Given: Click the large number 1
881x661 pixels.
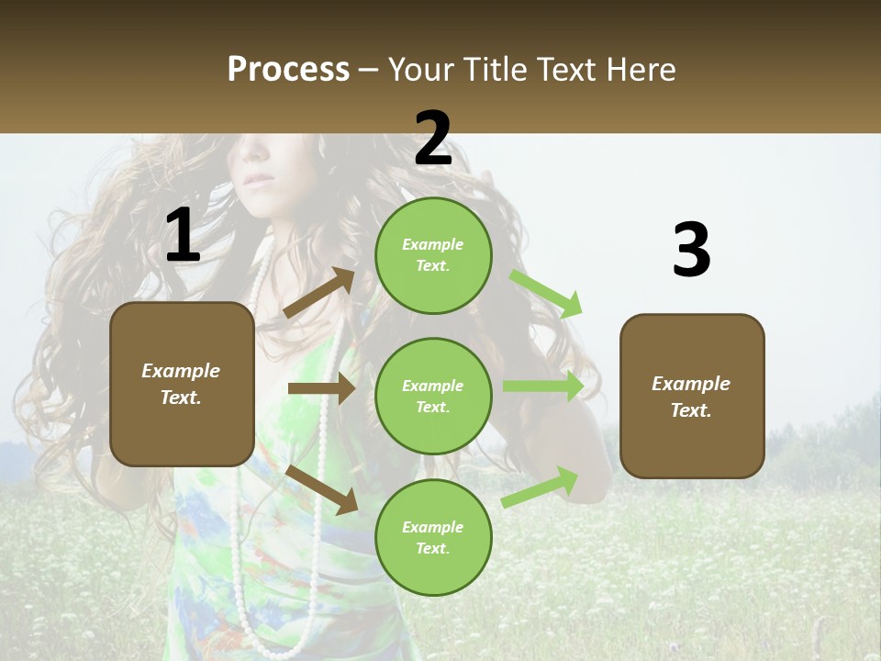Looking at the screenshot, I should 183,236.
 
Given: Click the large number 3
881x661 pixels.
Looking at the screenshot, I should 691,251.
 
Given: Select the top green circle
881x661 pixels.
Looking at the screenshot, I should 433,255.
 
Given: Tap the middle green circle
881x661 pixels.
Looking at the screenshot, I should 433,396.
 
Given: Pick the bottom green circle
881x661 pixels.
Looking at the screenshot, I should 433,537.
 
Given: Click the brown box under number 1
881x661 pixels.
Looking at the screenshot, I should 182,384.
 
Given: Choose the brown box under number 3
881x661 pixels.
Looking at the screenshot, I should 692,396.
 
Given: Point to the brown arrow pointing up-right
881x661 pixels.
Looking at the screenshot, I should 319,293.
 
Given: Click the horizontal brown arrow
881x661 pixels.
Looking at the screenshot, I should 321,389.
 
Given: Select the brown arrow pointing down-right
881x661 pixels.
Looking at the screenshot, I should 321,488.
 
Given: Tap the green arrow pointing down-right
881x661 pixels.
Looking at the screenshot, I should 546,294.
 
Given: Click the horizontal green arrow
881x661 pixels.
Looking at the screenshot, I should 543,387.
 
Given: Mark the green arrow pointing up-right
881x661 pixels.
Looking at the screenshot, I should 541,487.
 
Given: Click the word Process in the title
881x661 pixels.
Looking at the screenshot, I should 288,69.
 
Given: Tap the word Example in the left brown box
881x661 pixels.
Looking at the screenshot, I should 181,371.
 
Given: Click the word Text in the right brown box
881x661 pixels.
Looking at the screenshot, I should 691,410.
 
